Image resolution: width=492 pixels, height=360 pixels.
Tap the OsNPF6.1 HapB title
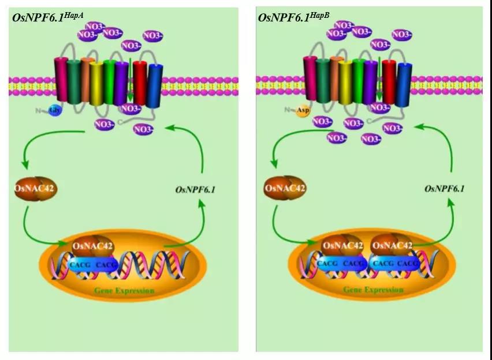point(294,17)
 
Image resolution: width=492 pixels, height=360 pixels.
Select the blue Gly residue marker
point(55,110)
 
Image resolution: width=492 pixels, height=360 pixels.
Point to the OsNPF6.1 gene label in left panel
point(195,189)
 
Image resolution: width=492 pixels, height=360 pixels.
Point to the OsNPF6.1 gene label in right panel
point(444,189)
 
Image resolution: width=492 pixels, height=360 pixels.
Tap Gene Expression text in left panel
point(124,290)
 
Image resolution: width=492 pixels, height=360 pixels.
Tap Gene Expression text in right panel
point(373,289)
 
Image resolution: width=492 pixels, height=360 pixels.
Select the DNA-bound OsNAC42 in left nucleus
point(92,247)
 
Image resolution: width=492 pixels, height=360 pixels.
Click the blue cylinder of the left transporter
point(155,87)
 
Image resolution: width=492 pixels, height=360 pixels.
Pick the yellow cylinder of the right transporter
point(345,84)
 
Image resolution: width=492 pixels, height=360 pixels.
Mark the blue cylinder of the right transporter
point(404,85)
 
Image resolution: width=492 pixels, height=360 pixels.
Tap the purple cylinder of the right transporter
point(371,84)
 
